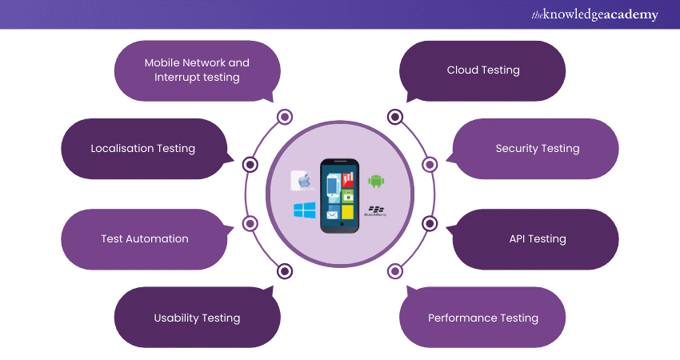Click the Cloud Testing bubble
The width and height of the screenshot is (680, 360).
point(482,70)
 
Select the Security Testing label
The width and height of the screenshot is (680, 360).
point(537,148)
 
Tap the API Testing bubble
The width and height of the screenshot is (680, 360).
point(537,238)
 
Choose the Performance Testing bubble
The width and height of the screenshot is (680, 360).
point(482,318)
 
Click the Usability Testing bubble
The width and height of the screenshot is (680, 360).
point(197,318)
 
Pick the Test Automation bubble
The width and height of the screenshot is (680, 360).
point(144,238)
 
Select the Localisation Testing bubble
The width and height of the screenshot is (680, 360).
point(142,148)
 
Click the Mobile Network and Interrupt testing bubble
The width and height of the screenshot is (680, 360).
point(197,70)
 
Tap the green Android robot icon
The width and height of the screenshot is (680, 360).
point(376,181)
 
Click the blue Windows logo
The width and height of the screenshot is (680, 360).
point(304,211)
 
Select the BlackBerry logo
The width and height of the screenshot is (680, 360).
point(375,212)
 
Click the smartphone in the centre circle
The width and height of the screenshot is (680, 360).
point(340,195)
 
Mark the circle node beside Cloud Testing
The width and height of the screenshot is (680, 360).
point(394,118)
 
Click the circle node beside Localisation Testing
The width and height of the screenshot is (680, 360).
point(250,165)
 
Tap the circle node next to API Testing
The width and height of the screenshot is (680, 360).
point(430,223)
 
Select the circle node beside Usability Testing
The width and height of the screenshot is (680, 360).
point(285,271)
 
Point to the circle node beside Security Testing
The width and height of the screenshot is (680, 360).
point(430,165)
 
